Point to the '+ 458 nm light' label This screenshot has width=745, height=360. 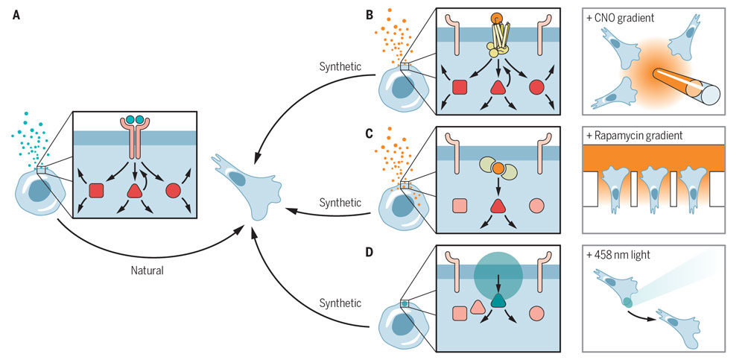[x=624, y=255]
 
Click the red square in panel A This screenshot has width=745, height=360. [x=96, y=191]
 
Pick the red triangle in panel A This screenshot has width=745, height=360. [x=134, y=190]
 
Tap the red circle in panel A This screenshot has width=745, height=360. [x=173, y=191]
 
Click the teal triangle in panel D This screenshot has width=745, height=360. [x=498, y=300]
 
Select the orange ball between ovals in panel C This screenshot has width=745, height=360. [x=498, y=170]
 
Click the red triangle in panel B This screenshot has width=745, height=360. [x=498, y=87]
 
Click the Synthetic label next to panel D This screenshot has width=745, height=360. [x=340, y=303]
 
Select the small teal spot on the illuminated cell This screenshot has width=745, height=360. [x=627, y=301]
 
